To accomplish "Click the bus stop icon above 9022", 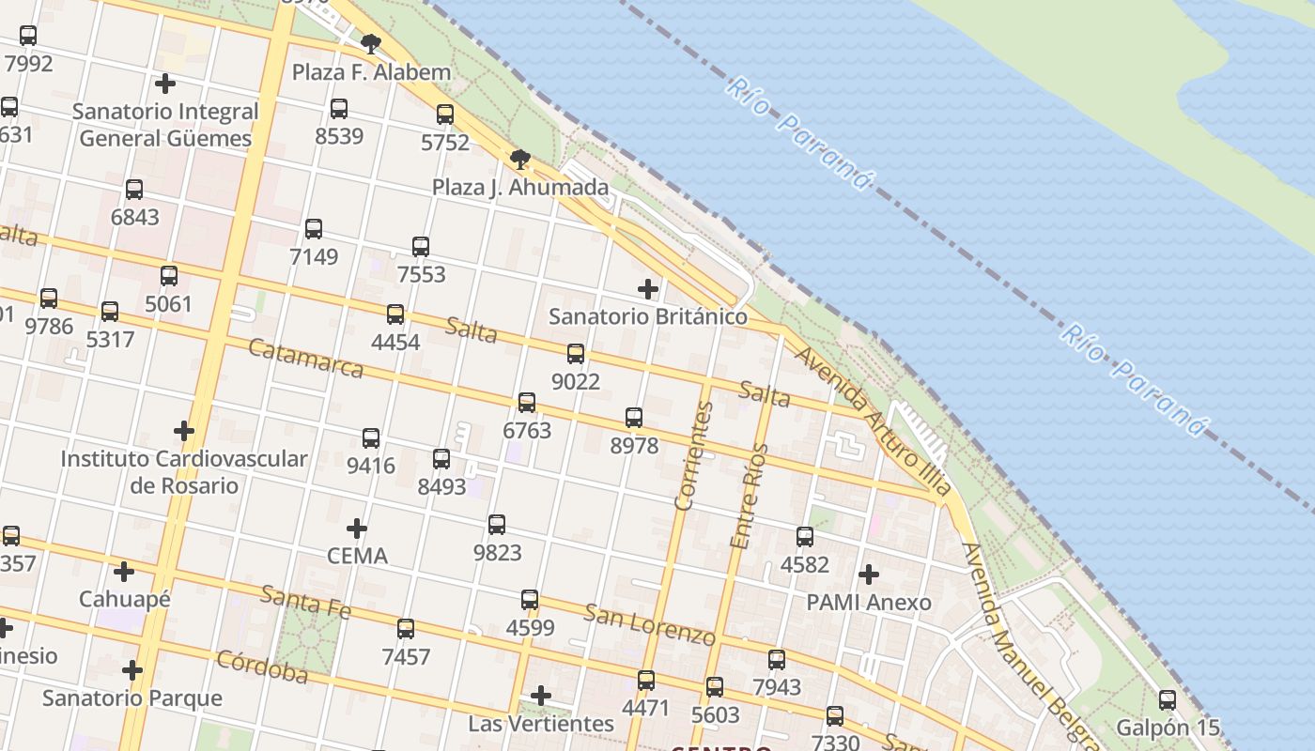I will point(576,354).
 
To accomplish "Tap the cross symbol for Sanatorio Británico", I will point(648,288).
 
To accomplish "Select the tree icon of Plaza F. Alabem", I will point(371,43).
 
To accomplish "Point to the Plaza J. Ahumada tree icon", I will point(520,159).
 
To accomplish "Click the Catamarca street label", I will point(305,358).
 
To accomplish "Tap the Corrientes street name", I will point(695,455).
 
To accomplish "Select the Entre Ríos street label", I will point(749,496).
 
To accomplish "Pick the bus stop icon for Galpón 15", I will point(1167,699).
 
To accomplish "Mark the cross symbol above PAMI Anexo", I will point(869,574).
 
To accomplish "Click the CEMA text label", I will point(357,556).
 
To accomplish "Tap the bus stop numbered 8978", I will point(634,418).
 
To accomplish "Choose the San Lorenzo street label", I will point(649,624).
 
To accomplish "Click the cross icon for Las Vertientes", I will point(541,696).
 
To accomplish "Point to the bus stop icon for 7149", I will point(314,228).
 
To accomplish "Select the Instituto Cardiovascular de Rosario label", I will point(184,472).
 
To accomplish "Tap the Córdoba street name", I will point(262,666).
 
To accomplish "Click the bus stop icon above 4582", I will point(805,537).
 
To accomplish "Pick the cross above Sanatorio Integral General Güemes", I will point(165,84).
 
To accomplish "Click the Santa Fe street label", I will point(305,602).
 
